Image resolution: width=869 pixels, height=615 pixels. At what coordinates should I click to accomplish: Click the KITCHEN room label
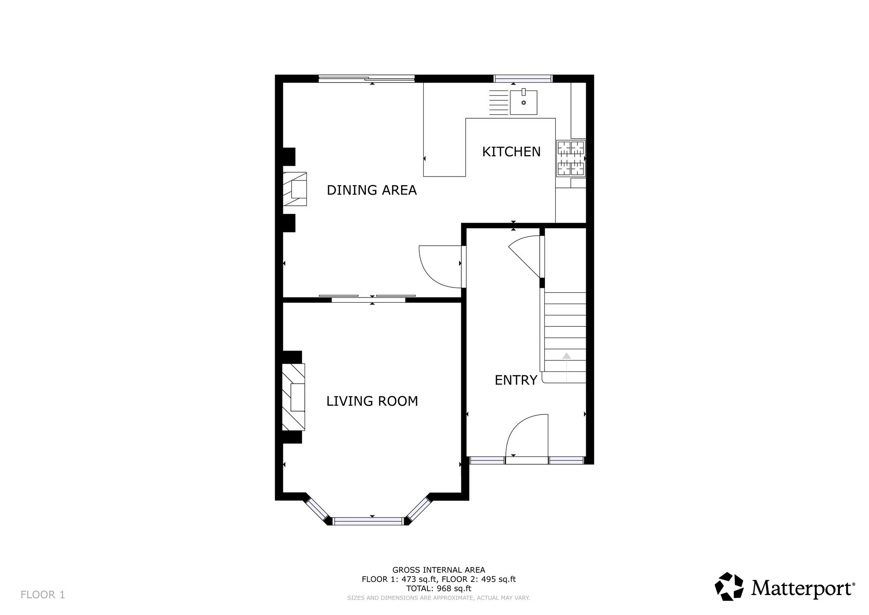pyautogui.click(x=511, y=152)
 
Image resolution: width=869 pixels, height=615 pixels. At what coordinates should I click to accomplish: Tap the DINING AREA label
pyautogui.click(x=371, y=190)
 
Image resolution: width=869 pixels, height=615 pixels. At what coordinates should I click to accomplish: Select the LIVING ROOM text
pyautogui.click(x=372, y=401)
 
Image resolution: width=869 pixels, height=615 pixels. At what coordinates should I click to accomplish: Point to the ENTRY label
pyautogui.click(x=516, y=380)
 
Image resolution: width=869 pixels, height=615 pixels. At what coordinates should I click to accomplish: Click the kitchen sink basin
pyautogui.click(x=524, y=102)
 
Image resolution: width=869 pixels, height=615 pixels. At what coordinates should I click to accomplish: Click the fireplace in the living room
pyautogui.click(x=294, y=397)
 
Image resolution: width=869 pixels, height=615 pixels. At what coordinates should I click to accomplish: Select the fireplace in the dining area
pyautogui.click(x=295, y=189)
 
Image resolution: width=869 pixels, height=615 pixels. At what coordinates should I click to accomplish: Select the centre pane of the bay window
pyautogui.click(x=369, y=521)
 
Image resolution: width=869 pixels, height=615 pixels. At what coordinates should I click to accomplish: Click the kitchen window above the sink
pyautogui.click(x=523, y=79)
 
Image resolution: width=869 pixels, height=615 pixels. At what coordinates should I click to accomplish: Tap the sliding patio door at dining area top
pyautogui.click(x=366, y=79)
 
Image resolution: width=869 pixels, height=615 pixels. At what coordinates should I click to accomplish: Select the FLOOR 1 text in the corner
pyautogui.click(x=43, y=595)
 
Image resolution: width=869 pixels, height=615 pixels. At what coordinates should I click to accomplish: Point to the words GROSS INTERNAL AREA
pyautogui.click(x=439, y=570)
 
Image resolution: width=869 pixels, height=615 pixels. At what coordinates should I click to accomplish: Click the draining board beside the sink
pyautogui.click(x=498, y=102)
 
